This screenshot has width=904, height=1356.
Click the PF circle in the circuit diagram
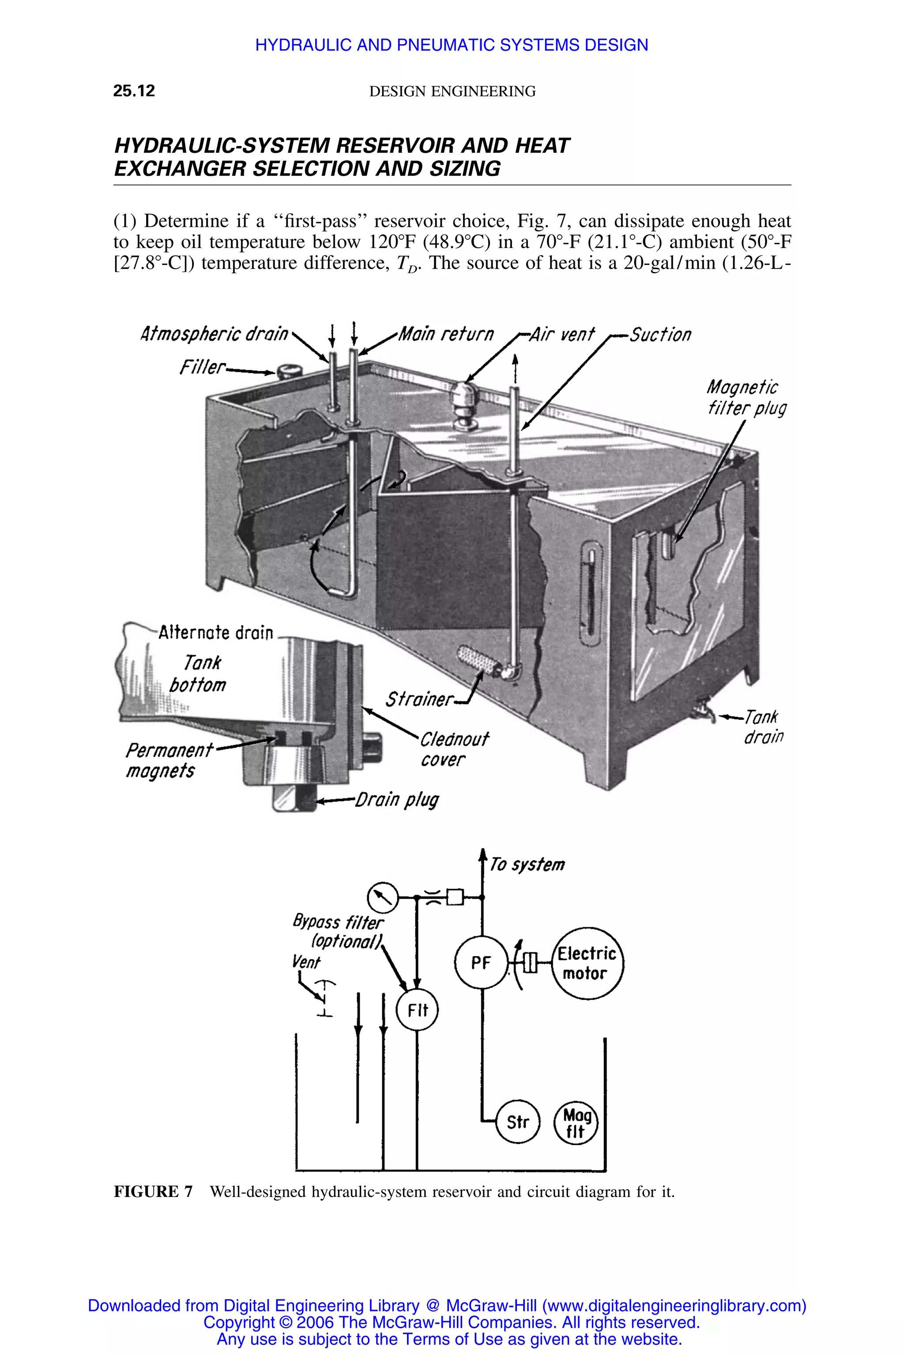pos(481,962)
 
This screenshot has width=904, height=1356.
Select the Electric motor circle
pos(588,964)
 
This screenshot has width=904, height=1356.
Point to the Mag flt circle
pos(576,1122)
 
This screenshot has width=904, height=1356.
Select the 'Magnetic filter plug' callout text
pos(746,398)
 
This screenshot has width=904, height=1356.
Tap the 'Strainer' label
pos(419,699)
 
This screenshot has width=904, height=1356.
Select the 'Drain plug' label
pos(397,800)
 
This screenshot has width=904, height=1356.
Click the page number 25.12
pos(134,91)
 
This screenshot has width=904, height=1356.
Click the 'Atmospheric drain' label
pos(214,334)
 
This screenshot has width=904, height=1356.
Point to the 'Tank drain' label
pos(762,727)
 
